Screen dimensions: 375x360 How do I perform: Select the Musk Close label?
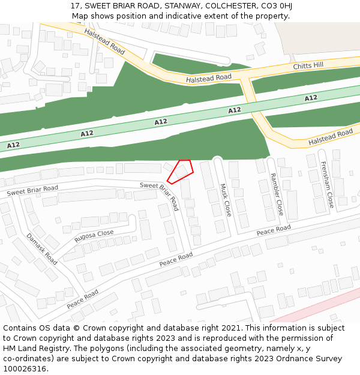(226, 200)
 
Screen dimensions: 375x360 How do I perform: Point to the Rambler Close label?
(276, 194)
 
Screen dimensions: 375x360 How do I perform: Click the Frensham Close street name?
(327, 185)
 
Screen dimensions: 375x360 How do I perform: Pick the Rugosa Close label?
(94, 236)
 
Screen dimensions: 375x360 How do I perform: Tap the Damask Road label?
(42, 249)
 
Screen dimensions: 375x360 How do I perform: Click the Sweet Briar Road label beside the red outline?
(160, 196)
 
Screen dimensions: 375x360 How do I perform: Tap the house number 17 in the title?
(75, 6)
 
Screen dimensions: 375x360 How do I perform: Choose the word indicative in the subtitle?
(175, 16)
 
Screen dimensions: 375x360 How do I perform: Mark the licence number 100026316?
(26, 369)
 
